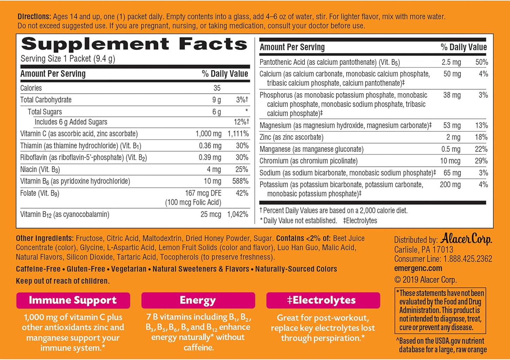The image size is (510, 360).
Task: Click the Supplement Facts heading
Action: [134, 44]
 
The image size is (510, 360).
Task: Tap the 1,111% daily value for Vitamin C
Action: [238, 134]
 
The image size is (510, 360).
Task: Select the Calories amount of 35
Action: [217, 88]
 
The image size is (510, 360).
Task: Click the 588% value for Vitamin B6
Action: [240, 181]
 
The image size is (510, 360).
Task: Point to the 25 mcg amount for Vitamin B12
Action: [211, 214]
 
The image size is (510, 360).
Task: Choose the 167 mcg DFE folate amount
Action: [203, 193]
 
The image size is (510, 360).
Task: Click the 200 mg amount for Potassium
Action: [450, 185]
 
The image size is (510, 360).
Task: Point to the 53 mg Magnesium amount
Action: [452, 125]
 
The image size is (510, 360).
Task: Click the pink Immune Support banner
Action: [73, 300]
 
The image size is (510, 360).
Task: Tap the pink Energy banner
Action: [198, 300]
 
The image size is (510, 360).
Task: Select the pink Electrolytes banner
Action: [323, 300]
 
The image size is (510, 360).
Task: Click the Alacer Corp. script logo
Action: [466, 239]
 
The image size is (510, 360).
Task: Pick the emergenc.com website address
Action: [418, 268]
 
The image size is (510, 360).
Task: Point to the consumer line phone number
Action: [468, 259]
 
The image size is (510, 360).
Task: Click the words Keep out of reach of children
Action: [63, 281]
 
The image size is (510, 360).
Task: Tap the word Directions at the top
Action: [34, 17]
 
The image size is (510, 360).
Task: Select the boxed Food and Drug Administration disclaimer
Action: [440, 311]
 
